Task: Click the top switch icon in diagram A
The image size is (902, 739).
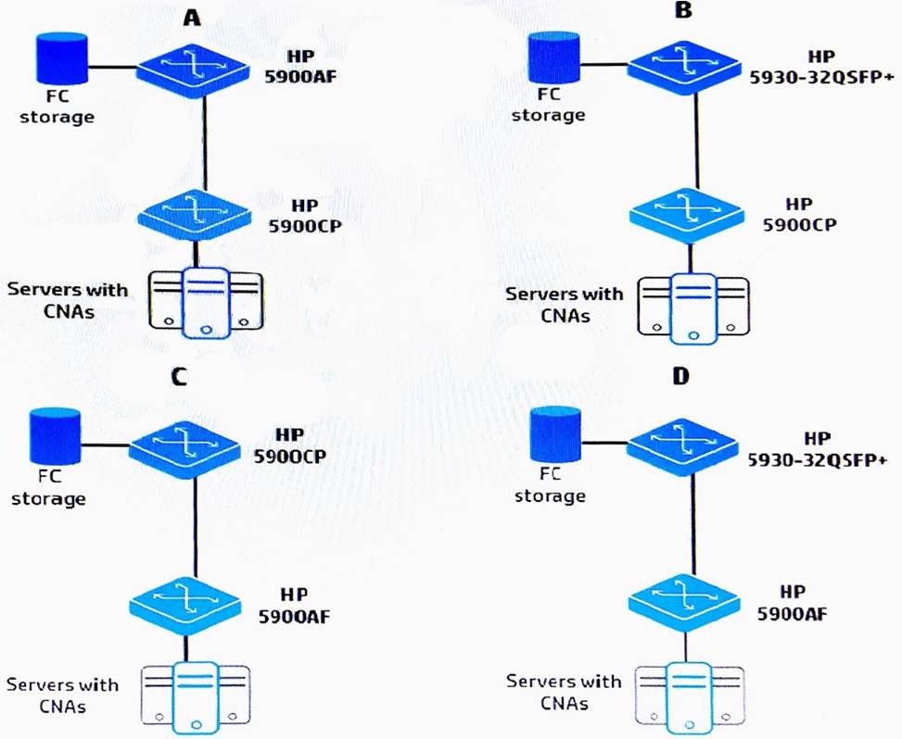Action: point(193,68)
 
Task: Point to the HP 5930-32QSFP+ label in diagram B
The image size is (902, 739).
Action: point(814,68)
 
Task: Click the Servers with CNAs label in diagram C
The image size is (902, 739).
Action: point(63,695)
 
